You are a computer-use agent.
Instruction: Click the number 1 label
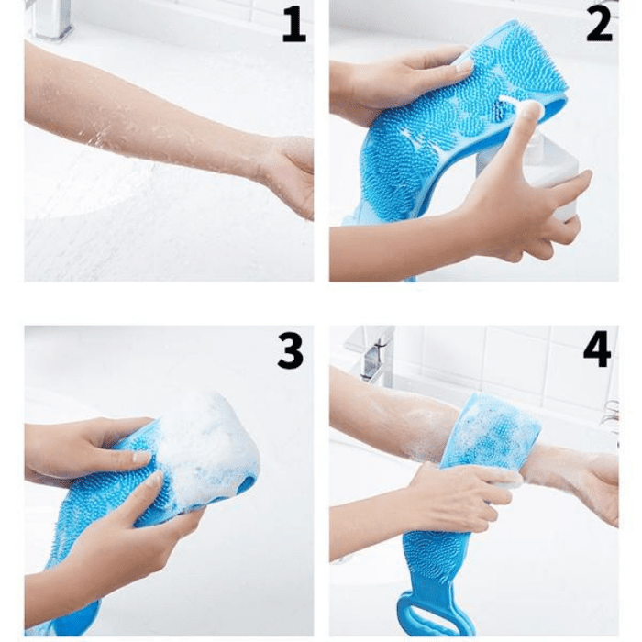pos(294,25)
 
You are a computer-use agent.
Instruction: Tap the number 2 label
pos(599,24)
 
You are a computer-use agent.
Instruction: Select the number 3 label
pos(291,350)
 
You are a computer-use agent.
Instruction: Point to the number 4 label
pos(597,350)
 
